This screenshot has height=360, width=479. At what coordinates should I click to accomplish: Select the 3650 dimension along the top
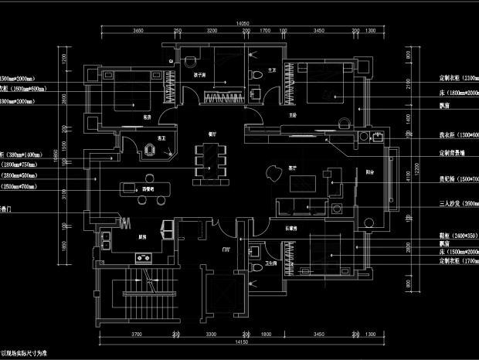click(x=138, y=31)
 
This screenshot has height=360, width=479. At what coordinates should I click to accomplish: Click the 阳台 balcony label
click(x=370, y=173)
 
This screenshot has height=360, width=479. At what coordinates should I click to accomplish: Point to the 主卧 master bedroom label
click(x=293, y=114)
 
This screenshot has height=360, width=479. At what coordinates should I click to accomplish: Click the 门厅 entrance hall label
click(x=226, y=249)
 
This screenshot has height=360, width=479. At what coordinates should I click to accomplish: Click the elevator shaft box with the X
click(x=229, y=291)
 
